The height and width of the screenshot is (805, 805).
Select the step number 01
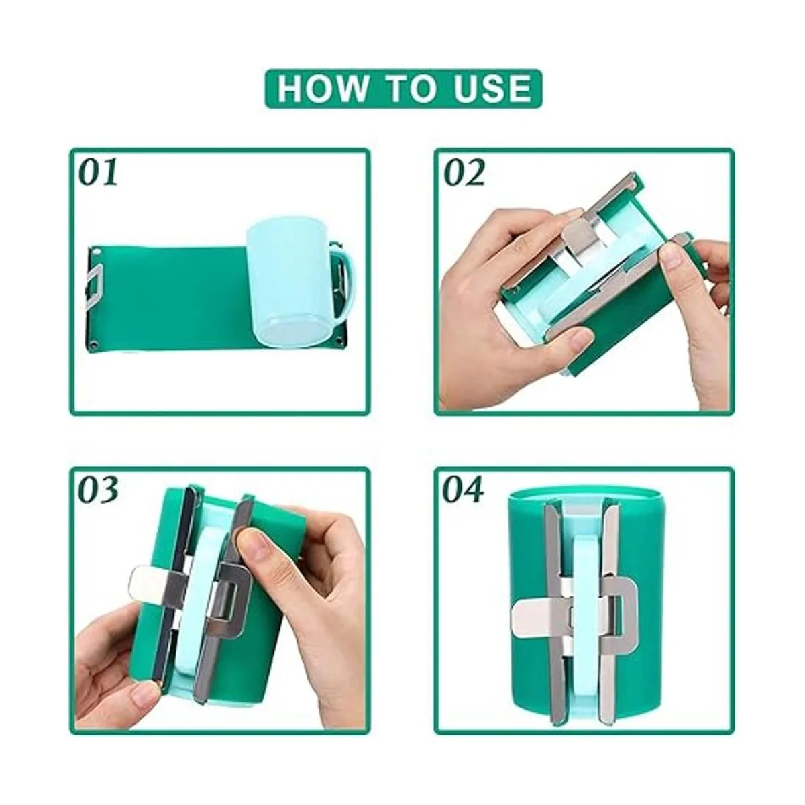pyautogui.click(x=99, y=172)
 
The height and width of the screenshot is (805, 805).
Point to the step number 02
pyautogui.click(x=464, y=172)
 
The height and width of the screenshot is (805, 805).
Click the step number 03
pyautogui.click(x=99, y=489)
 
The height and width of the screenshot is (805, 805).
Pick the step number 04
pyautogui.click(x=464, y=489)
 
